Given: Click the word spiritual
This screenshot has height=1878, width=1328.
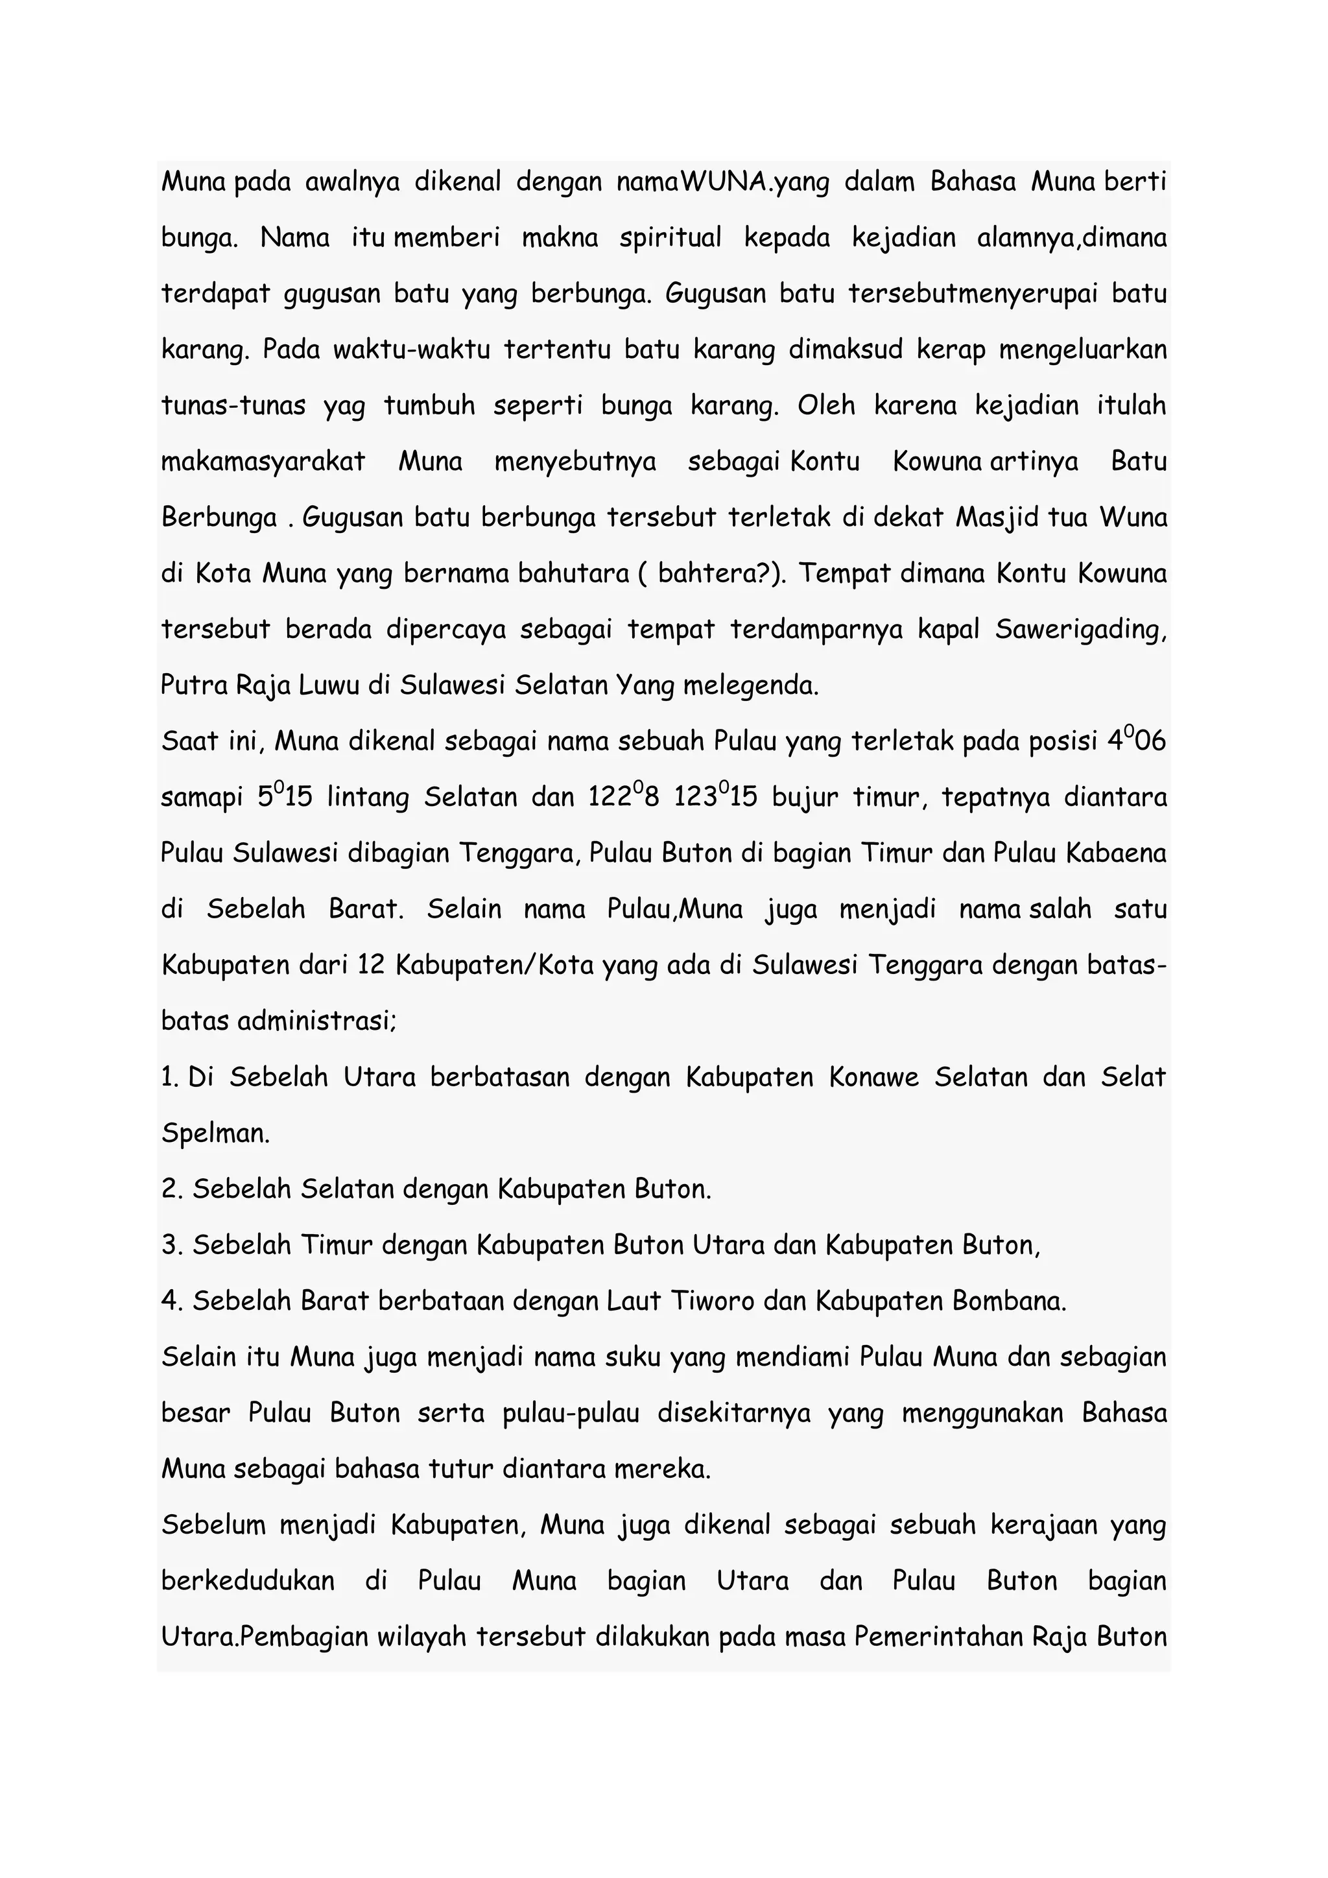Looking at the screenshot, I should (670, 238).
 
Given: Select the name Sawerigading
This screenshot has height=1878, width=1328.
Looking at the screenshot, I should (1080, 630).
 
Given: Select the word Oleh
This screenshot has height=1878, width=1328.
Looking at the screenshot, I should (826, 406).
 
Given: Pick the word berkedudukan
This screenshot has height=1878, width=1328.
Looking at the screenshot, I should (248, 1581).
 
